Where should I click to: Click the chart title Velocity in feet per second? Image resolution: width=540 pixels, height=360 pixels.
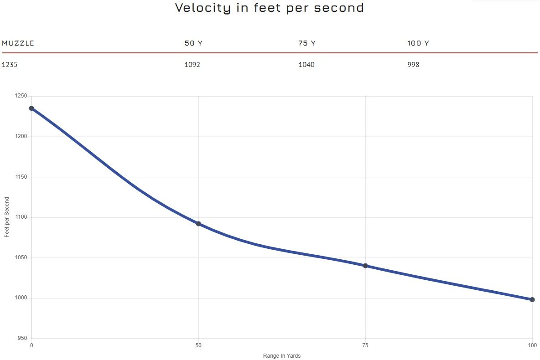pyautogui.click(x=270, y=8)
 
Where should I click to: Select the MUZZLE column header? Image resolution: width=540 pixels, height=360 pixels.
pyautogui.click(x=18, y=43)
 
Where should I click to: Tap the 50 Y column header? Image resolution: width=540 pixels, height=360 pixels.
pyautogui.click(x=193, y=43)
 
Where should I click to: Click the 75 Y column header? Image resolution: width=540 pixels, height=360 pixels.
pyautogui.click(x=307, y=43)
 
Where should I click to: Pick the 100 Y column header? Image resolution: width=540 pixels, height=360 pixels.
pyautogui.click(x=418, y=43)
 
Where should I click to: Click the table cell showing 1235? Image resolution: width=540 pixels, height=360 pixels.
pyautogui.click(x=10, y=65)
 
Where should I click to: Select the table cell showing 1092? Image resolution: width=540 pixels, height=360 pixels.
pyautogui.click(x=192, y=65)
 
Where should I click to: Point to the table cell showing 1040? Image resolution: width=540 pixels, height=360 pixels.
pyautogui.click(x=306, y=65)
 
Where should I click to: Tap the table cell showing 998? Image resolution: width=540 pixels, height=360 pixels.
pyautogui.click(x=413, y=65)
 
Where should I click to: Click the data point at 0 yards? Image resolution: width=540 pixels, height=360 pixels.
pyautogui.click(x=31, y=108)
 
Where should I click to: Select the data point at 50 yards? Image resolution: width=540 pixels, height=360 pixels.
pyautogui.click(x=198, y=224)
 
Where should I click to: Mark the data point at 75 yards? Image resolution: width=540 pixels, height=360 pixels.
pyautogui.click(x=365, y=266)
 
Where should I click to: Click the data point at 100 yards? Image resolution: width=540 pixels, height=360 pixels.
pyautogui.click(x=532, y=299)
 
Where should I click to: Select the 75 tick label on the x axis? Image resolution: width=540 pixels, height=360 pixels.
pyautogui.click(x=365, y=346)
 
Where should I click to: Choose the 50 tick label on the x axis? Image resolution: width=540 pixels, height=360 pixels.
pyautogui.click(x=198, y=346)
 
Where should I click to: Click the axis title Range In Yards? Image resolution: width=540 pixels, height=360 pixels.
pyautogui.click(x=282, y=356)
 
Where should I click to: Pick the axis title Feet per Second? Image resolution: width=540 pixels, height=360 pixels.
pyautogui.click(x=7, y=217)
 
